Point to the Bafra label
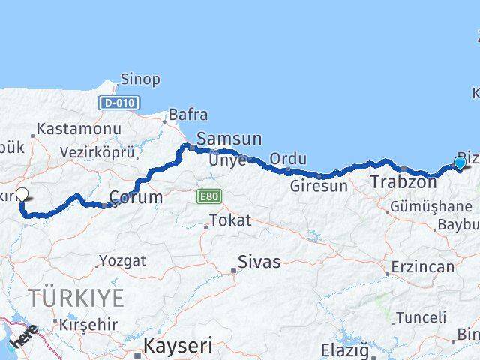[187, 115]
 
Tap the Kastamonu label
[79, 129]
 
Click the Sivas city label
[259, 262]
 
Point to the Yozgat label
[121, 261]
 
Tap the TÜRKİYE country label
[76, 297]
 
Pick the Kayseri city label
[178, 346]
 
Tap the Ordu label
[288, 159]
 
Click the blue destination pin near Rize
[460, 163]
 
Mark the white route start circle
[22, 194]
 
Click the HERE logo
[25, 338]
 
